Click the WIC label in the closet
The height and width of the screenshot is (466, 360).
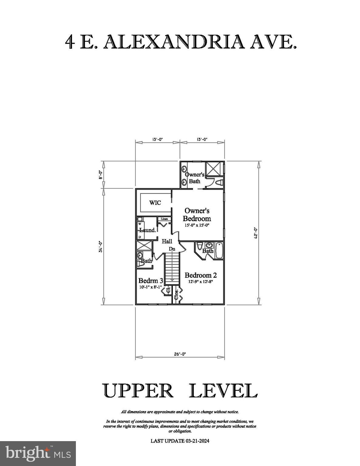(x=155, y=203)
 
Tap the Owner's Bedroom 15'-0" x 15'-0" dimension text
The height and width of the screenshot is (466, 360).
(x=197, y=225)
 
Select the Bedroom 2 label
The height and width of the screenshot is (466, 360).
(x=201, y=275)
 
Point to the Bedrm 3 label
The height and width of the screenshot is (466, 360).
(x=151, y=280)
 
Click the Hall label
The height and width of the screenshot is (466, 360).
(x=167, y=241)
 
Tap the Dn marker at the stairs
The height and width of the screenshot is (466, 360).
(x=172, y=249)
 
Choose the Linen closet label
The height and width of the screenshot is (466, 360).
(x=164, y=219)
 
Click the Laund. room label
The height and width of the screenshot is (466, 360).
(x=148, y=230)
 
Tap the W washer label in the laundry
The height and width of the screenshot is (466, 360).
(x=140, y=224)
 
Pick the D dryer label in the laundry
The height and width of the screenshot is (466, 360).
(x=140, y=237)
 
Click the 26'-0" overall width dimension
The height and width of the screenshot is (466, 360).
(x=180, y=354)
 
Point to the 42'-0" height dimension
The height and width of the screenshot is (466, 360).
(x=256, y=233)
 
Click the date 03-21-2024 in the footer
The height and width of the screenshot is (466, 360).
(x=197, y=441)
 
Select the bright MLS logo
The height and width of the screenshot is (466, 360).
(x=38, y=454)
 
